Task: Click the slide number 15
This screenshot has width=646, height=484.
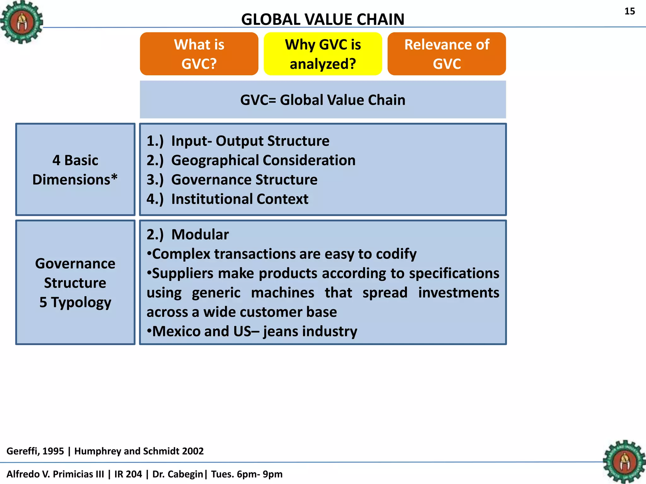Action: tap(630, 11)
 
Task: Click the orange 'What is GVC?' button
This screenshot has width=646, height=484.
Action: tap(199, 54)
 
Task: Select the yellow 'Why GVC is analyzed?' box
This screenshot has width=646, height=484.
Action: tap(323, 54)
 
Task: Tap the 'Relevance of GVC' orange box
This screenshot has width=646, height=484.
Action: tap(447, 54)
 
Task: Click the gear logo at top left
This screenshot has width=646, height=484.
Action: tap(21, 22)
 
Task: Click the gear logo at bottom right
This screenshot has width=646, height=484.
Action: tap(624, 462)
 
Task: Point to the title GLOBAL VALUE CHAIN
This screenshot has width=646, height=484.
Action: tap(323, 19)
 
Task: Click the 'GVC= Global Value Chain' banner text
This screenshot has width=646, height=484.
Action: tap(323, 100)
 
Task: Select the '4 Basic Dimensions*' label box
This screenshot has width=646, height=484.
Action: tap(75, 170)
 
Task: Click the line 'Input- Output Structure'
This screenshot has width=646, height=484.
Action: tap(250, 141)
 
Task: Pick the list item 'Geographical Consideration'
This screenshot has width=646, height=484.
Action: tap(263, 160)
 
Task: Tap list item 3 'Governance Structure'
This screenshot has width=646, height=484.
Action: tap(244, 180)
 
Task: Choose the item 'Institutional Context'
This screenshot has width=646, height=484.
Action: tap(239, 199)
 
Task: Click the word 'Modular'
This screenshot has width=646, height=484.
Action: tap(200, 234)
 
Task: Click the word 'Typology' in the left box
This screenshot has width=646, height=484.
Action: tap(81, 302)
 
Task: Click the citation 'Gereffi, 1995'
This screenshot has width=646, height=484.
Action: tap(35, 451)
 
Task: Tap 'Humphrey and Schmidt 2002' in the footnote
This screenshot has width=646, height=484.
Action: tap(139, 451)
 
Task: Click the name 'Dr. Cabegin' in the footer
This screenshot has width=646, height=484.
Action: tap(178, 474)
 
